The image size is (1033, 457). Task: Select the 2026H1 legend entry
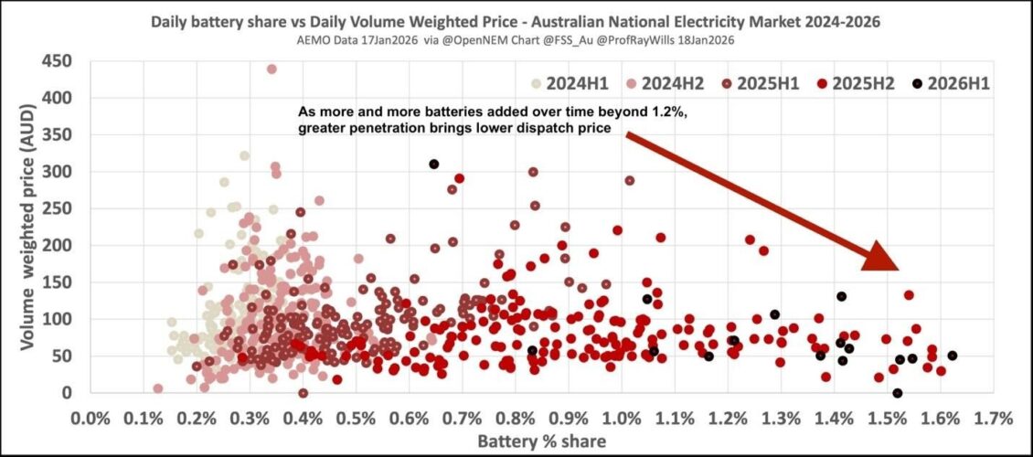pyautogui.click(x=951, y=83)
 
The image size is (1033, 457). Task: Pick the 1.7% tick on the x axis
pyautogui.click(x=994, y=420)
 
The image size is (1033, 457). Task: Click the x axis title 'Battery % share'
pyautogui.click(x=542, y=441)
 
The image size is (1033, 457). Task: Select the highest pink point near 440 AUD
pyautogui.click(x=272, y=69)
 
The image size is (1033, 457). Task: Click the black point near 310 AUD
pyautogui.click(x=434, y=165)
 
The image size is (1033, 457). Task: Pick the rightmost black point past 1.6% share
pyautogui.click(x=952, y=356)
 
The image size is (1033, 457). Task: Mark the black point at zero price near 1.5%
pyautogui.click(x=897, y=393)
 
